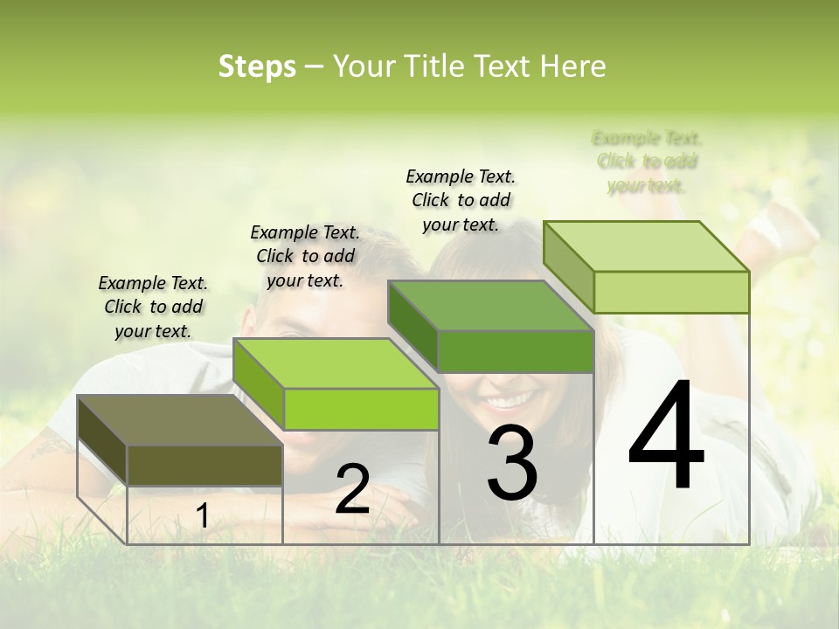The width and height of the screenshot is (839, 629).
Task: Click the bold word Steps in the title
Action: (x=257, y=66)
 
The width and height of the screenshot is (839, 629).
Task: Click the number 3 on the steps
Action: (x=511, y=463)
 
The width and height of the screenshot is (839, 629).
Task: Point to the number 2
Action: (x=352, y=489)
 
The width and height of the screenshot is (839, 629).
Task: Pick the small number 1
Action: (x=202, y=516)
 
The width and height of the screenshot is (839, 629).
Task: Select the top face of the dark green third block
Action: (x=490, y=307)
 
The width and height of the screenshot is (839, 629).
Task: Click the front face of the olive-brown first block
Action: (x=205, y=465)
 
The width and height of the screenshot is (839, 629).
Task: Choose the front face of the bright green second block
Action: (x=360, y=409)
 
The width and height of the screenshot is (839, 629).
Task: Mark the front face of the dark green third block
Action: (x=516, y=351)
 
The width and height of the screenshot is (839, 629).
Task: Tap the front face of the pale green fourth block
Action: (x=671, y=292)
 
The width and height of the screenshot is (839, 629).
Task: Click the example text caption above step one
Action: (x=153, y=307)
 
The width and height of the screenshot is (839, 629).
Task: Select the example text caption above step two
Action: (x=305, y=256)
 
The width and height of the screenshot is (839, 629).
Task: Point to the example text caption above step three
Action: (x=461, y=200)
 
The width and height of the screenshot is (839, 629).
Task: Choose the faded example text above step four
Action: (x=647, y=162)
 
